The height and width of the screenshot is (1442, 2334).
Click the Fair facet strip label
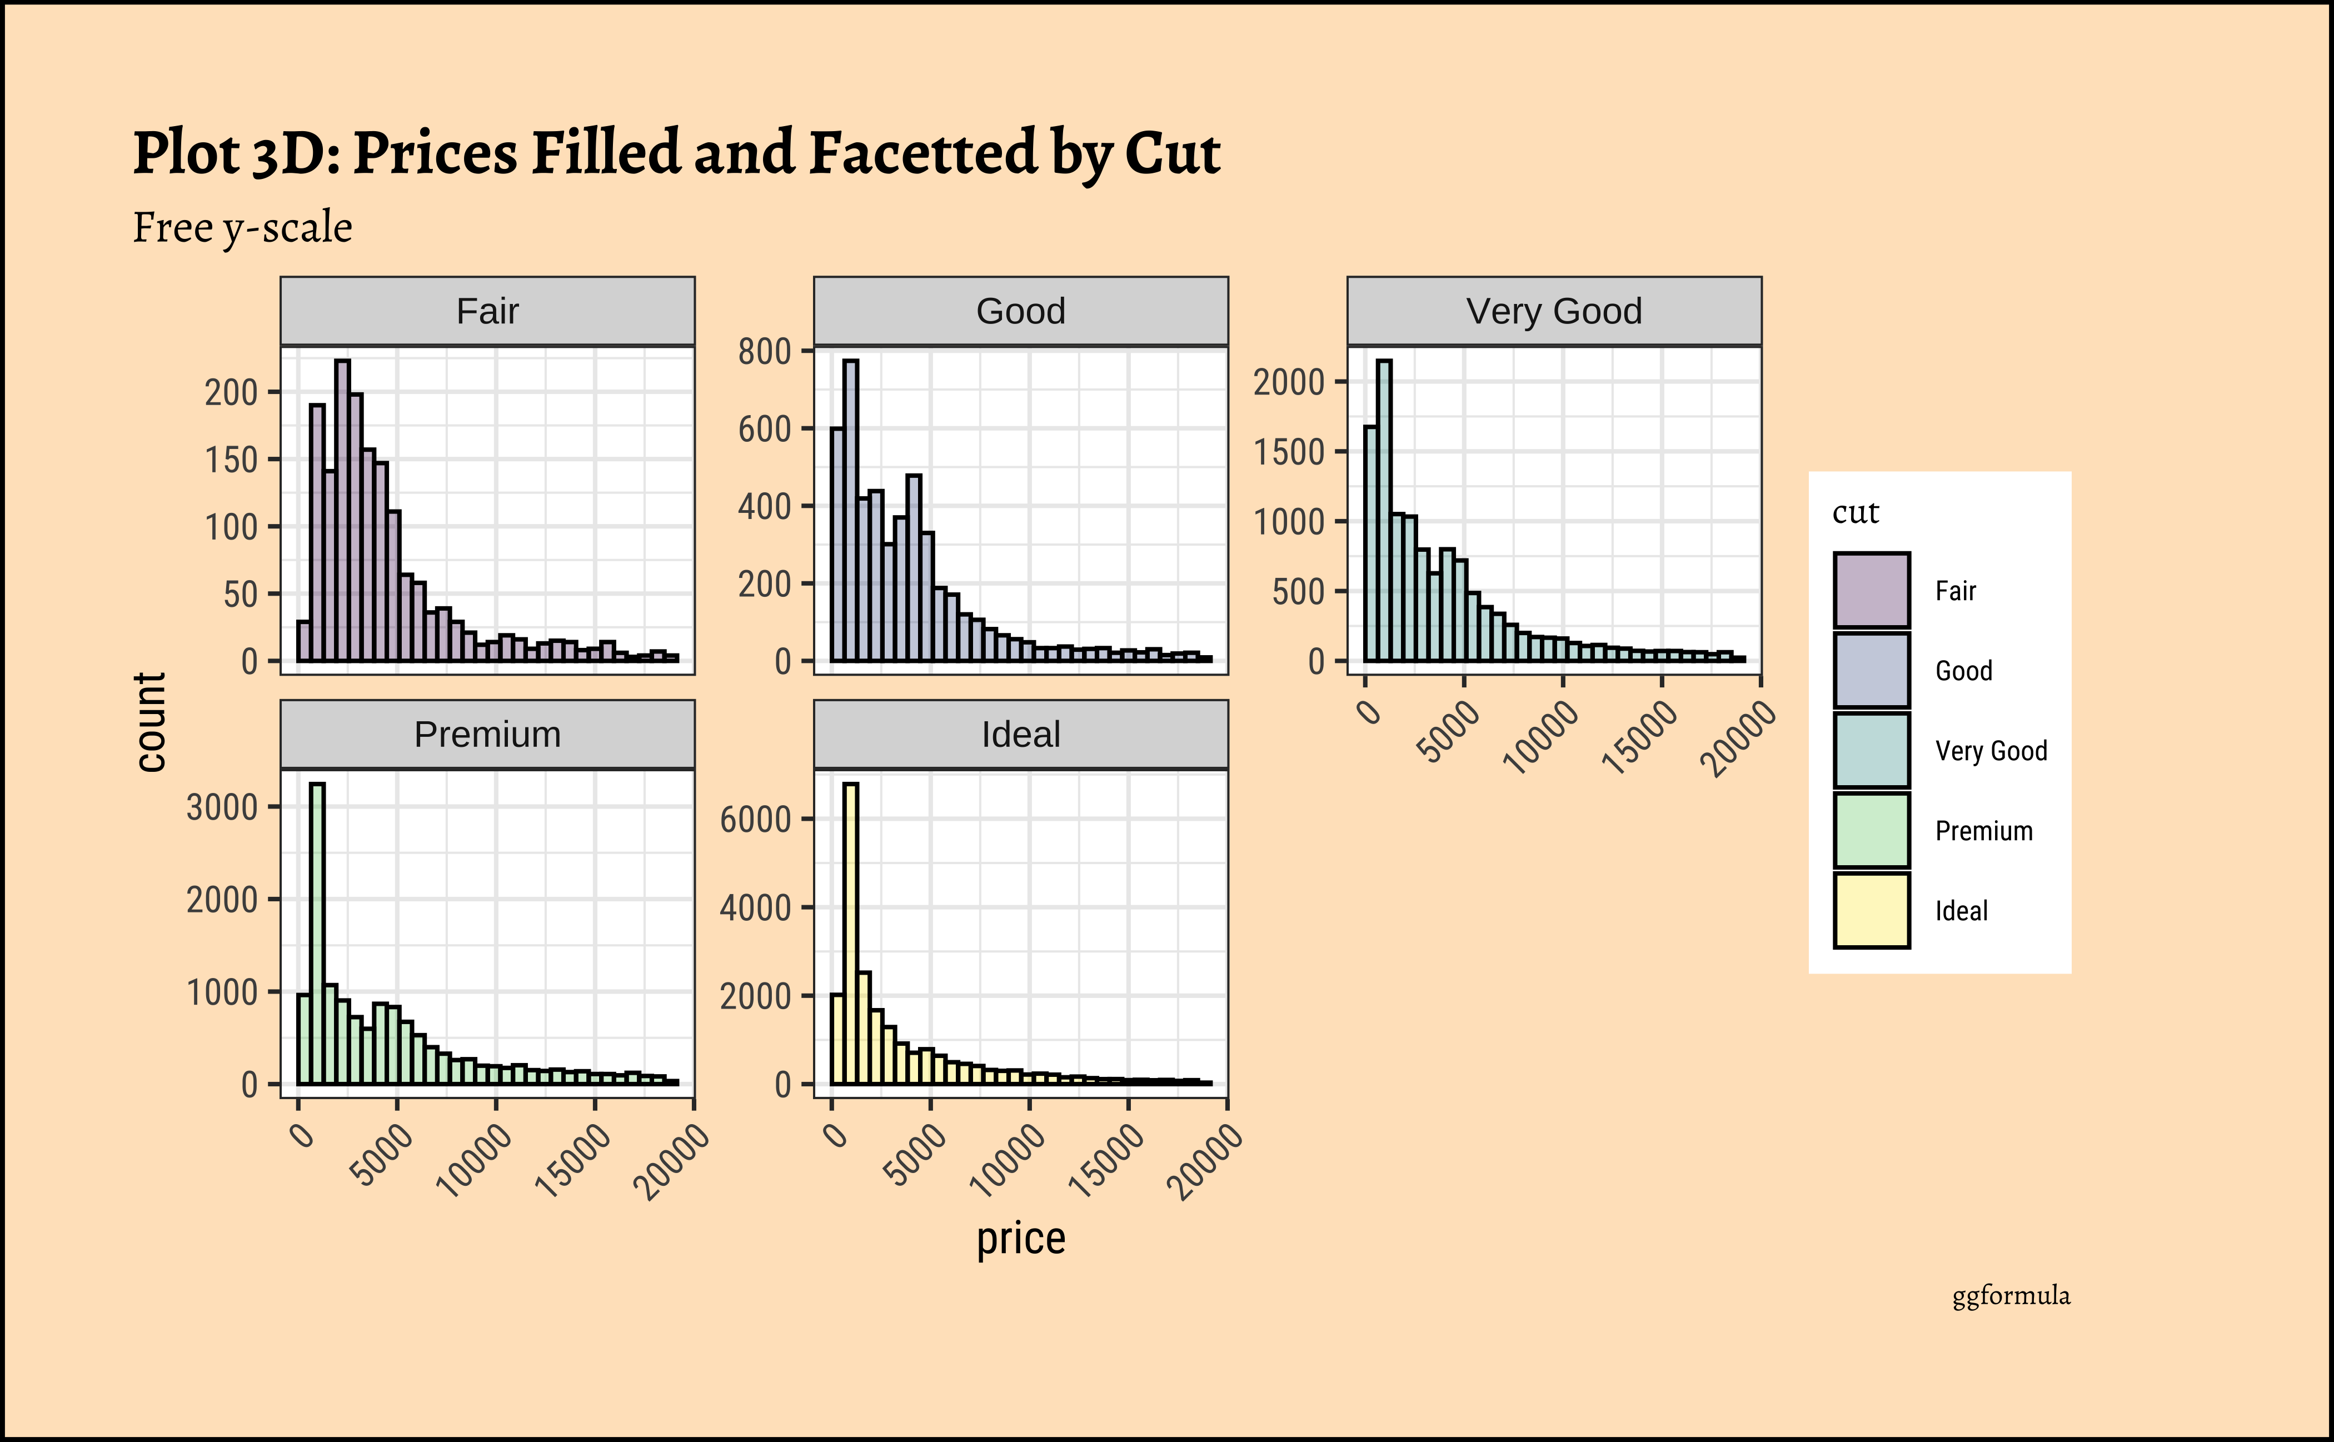(487, 312)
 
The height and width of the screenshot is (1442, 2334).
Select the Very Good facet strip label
(1554, 312)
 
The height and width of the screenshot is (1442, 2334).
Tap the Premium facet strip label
(487, 735)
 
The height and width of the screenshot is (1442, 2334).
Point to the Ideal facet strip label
(1021, 735)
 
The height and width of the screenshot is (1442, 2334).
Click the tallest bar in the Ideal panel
(850, 935)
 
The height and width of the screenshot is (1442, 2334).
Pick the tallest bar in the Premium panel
(318, 935)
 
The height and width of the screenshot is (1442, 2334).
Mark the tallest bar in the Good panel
(851, 510)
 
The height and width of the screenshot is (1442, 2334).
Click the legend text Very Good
(1991, 751)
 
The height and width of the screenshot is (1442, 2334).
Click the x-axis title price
(1021, 1239)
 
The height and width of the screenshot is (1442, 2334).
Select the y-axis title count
(151, 722)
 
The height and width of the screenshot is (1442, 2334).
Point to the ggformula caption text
(2011, 1296)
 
